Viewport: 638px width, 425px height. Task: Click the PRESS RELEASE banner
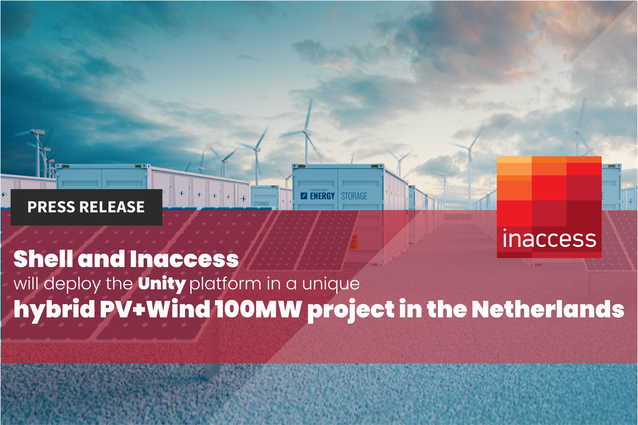(86, 207)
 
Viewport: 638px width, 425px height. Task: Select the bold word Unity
(162, 285)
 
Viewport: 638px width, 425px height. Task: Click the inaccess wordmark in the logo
(549, 238)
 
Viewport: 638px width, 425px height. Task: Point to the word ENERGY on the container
(322, 196)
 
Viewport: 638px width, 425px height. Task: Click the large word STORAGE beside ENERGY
(354, 196)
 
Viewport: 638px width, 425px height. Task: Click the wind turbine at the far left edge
(36, 143)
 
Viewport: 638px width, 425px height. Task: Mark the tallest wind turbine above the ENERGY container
(306, 131)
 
